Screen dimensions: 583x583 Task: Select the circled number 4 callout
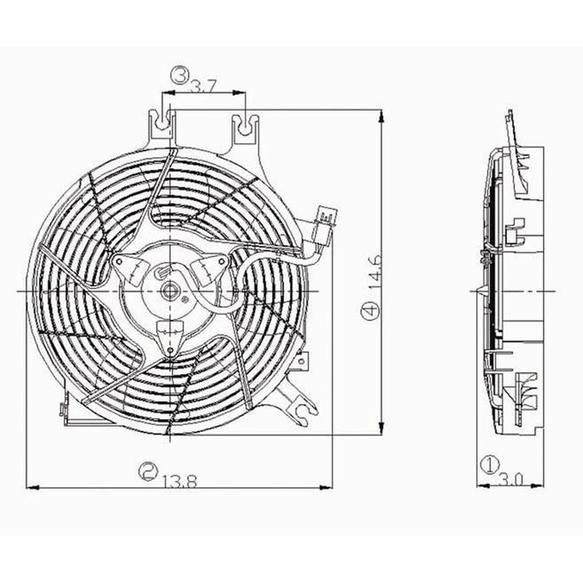click(x=370, y=313)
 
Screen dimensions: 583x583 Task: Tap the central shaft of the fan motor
click(x=170, y=291)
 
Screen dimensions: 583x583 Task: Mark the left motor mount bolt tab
click(x=126, y=266)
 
